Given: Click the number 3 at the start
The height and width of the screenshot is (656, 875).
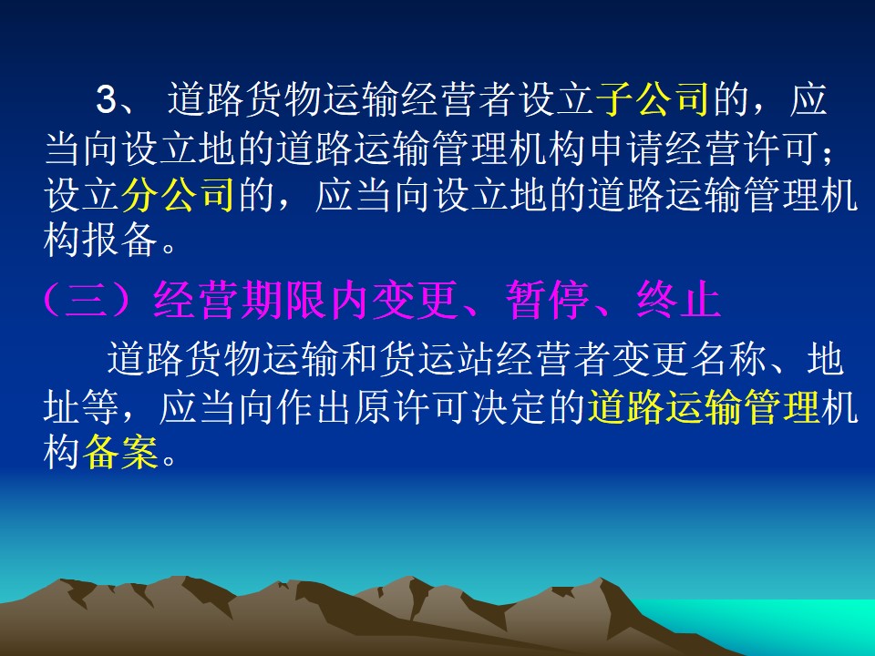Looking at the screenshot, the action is pyautogui.click(x=107, y=100).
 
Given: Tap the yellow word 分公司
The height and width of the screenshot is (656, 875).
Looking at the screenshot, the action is pyautogui.click(x=178, y=195).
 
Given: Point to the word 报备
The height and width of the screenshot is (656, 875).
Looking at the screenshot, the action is pyautogui.click(x=119, y=241).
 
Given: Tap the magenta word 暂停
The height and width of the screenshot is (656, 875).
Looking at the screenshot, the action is pyautogui.click(x=548, y=300).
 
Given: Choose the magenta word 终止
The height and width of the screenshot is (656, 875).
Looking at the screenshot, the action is pyautogui.click(x=678, y=300).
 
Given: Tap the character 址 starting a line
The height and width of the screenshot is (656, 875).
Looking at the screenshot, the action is pyautogui.click(x=62, y=406).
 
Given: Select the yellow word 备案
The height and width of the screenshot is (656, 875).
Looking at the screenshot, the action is pyautogui.click(x=119, y=451).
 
